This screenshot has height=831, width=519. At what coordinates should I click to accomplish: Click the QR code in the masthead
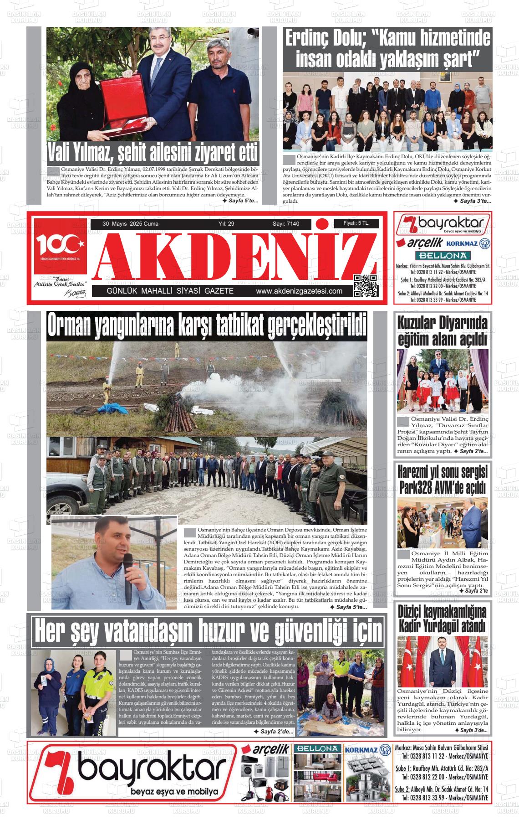(366, 286)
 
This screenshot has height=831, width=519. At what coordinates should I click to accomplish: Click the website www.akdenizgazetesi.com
(299, 291)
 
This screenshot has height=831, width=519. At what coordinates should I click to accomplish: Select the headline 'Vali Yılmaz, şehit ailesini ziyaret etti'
(153, 153)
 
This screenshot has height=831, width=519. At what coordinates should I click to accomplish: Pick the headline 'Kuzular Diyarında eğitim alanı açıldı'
(443, 331)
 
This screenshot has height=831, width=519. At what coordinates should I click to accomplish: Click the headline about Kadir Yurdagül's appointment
(443, 618)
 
